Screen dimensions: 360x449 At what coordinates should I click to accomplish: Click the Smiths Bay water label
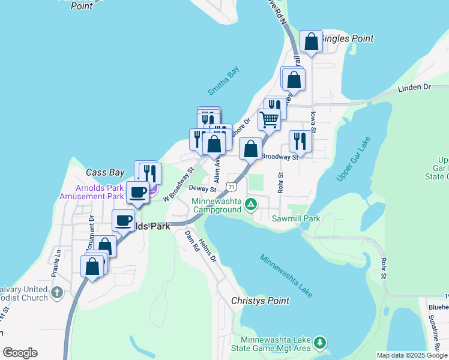click(223, 80)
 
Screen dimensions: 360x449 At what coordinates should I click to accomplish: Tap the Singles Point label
click(348, 38)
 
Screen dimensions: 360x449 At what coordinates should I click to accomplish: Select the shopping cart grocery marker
click(270, 119)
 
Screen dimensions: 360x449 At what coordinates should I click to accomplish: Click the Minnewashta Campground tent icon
click(251, 205)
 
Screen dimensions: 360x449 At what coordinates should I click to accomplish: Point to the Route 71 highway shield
click(230, 187)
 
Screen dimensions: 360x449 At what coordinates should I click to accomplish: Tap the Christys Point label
click(261, 301)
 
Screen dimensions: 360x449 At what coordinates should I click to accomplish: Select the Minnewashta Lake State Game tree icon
click(321, 342)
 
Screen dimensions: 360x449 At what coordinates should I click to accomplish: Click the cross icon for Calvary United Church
click(56, 293)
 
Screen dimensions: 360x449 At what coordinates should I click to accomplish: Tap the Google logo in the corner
click(20, 353)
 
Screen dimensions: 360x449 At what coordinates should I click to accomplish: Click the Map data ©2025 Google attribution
click(412, 355)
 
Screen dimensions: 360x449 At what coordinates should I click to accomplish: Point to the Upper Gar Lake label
click(354, 159)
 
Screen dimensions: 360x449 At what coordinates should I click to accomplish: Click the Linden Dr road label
click(414, 88)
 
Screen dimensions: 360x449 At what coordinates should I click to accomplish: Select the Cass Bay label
click(104, 172)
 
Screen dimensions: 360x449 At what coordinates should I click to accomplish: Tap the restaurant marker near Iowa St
click(300, 141)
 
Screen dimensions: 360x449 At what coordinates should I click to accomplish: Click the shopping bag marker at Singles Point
click(311, 41)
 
